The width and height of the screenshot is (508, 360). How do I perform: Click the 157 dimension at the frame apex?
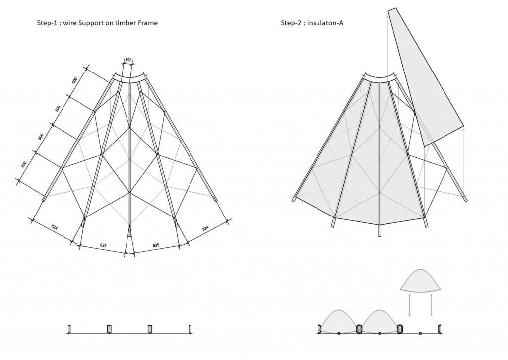[x=128, y=60]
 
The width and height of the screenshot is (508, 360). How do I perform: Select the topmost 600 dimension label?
[x=75, y=81]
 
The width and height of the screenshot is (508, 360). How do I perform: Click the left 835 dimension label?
[x=103, y=245]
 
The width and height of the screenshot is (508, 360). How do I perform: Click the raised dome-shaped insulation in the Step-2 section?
[x=421, y=281]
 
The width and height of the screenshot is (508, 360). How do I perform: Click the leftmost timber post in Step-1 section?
[x=69, y=328]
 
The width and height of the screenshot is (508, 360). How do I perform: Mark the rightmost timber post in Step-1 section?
[x=190, y=328]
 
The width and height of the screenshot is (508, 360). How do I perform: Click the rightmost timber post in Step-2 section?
[x=439, y=328]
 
